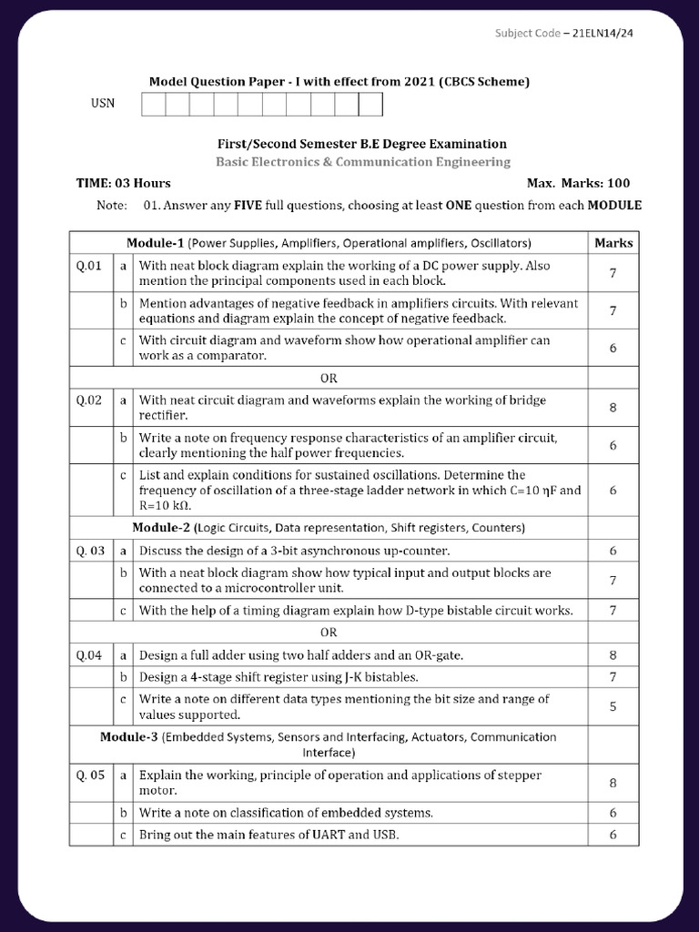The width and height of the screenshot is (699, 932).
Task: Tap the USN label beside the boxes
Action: [x=103, y=103]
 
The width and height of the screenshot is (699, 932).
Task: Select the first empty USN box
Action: [x=153, y=105]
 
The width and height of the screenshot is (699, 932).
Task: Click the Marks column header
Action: [x=613, y=243]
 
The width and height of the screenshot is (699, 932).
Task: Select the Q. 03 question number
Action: [x=91, y=551]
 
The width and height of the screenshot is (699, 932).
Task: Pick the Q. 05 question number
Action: [x=91, y=775]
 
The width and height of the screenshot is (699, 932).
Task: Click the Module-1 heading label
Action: [x=156, y=243]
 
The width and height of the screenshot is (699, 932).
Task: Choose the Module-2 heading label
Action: [x=161, y=528]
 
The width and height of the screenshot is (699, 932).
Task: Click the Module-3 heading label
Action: [x=129, y=737]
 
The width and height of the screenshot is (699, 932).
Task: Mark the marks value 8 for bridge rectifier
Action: [x=613, y=408]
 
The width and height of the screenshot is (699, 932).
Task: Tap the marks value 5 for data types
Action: [x=613, y=706]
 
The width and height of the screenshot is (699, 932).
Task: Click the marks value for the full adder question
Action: [x=613, y=654]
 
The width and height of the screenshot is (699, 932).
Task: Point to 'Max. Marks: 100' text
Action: [x=578, y=183]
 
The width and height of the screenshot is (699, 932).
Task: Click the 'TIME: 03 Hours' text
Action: [x=123, y=183]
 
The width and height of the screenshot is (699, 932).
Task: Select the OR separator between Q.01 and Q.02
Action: [x=329, y=378]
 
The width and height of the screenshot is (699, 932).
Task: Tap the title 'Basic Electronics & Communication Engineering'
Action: [x=362, y=162]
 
